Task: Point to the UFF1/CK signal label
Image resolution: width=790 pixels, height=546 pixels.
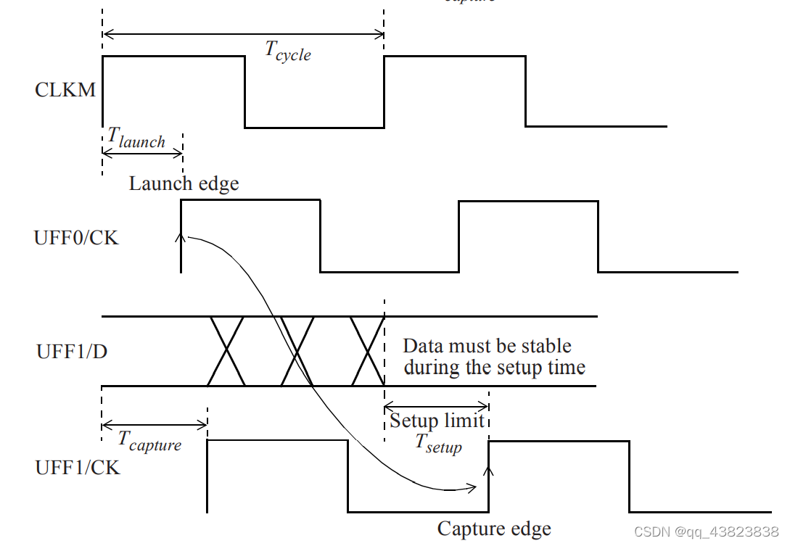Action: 78,468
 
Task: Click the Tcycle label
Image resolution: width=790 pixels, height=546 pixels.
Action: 287,51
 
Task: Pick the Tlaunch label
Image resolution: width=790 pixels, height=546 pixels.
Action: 136,137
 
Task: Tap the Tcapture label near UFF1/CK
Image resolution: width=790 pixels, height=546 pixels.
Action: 150,440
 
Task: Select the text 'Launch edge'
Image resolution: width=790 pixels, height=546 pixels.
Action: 184,183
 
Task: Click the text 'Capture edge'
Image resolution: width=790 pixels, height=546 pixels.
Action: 494,529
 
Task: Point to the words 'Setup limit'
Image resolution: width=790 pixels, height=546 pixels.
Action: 437,421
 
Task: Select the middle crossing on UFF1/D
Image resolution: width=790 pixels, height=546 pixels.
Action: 297,351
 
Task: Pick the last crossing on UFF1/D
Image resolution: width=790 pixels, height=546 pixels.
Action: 366,351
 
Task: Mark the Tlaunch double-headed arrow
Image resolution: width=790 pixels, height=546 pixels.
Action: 142,153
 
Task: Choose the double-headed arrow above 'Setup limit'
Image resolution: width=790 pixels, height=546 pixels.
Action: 436,407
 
